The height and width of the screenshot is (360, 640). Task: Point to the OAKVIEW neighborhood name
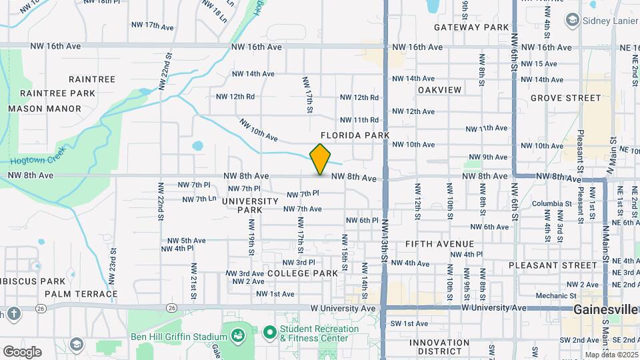439,90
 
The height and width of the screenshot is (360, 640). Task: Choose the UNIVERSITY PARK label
249,205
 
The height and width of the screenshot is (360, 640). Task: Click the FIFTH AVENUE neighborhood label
439,244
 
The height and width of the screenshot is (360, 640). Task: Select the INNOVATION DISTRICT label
439,347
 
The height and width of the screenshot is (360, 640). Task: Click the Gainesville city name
606,310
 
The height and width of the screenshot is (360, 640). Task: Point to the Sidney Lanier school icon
571,20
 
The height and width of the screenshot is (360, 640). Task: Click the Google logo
22,351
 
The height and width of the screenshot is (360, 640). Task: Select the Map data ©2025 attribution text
611,355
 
